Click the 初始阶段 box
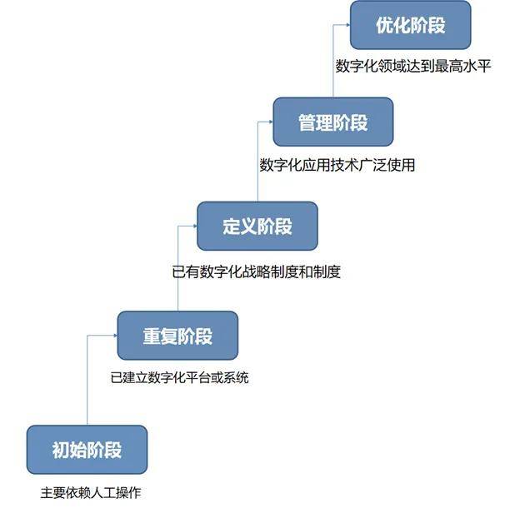[87, 451]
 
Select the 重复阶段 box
[177, 336]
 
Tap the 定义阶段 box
[257, 226]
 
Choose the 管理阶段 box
[332, 123]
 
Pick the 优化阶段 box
[410, 25]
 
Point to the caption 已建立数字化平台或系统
[179, 378]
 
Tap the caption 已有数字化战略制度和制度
[256, 271]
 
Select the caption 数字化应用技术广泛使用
[337, 165]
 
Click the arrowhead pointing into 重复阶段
[114, 336]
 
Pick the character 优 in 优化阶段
[384, 25]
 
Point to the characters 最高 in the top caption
[447, 67]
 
